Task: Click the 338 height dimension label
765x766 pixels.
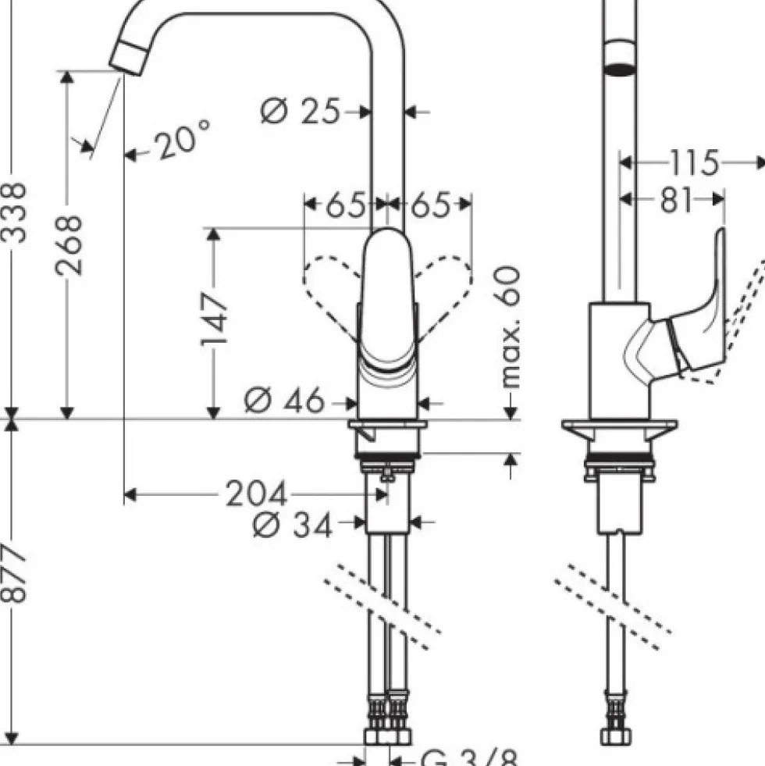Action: (x=13, y=212)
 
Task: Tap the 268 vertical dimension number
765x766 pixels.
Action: (x=69, y=245)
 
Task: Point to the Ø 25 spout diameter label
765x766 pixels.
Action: (x=300, y=111)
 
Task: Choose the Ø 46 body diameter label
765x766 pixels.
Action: (x=284, y=400)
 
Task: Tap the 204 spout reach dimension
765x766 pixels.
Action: (x=257, y=494)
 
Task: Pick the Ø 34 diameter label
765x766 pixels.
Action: (x=293, y=525)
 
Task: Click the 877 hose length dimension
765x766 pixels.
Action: (x=13, y=573)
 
